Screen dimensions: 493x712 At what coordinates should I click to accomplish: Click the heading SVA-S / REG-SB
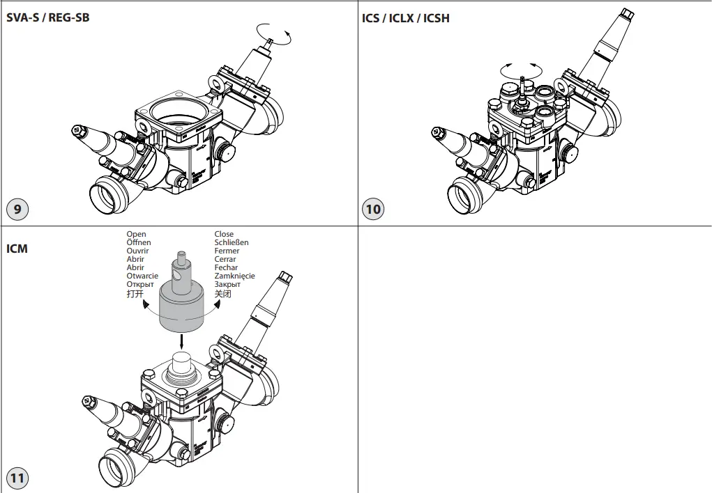pyautogui.click(x=48, y=17)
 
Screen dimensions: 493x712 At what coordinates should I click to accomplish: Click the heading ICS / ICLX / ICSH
pyautogui.click(x=406, y=18)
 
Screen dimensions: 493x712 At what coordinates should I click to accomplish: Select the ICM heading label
pyautogui.click(x=17, y=248)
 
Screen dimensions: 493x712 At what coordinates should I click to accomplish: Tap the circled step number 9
pyautogui.click(x=17, y=208)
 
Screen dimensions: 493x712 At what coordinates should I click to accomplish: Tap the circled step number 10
pyautogui.click(x=374, y=208)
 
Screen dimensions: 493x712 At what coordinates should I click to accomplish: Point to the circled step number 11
pyautogui.click(x=17, y=478)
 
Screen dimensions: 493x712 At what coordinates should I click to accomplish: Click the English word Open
pyautogui.click(x=137, y=235)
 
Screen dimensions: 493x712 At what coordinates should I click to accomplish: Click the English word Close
pyautogui.click(x=224, y=235)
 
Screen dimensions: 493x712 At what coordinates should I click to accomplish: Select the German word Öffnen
pyautogui.click(x=139, y=243)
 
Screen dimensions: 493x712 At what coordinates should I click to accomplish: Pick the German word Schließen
pyautogui.click(x=232, y=243)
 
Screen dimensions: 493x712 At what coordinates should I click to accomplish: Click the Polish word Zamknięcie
pyautogui.click(x=234, y=276)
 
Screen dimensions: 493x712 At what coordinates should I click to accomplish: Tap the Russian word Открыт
pyautogui.click(x=140, y=284)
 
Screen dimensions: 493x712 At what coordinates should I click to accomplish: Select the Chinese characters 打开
pyautogui.click(x=135, y=294)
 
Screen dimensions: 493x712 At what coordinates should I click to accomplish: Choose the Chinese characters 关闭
pyautogui.click(x=222, y=294)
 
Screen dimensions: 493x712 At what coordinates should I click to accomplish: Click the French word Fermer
pyautogui.click(x=227, y=251)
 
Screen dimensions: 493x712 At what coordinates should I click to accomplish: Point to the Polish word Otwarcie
pyautogui.click(x=142, y=276)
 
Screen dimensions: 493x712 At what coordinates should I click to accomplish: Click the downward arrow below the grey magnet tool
pyautogui.click(x=181, y=341)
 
